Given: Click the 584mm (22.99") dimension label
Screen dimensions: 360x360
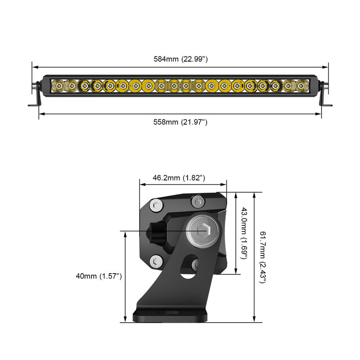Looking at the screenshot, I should (x=180, y=59).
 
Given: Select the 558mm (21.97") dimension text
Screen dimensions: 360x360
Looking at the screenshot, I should (x=180, y=122).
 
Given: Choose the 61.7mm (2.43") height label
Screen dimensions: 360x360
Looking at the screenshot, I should (x=263, y=257).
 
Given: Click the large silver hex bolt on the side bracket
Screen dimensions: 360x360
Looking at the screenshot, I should (x=202, y=231).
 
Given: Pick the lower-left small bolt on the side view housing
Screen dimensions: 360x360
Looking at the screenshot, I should (x=156, y=260).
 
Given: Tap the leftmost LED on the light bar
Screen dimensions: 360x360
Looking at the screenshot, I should (x=59, y=85).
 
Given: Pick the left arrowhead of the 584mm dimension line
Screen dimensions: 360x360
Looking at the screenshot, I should (x=34, y=65).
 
